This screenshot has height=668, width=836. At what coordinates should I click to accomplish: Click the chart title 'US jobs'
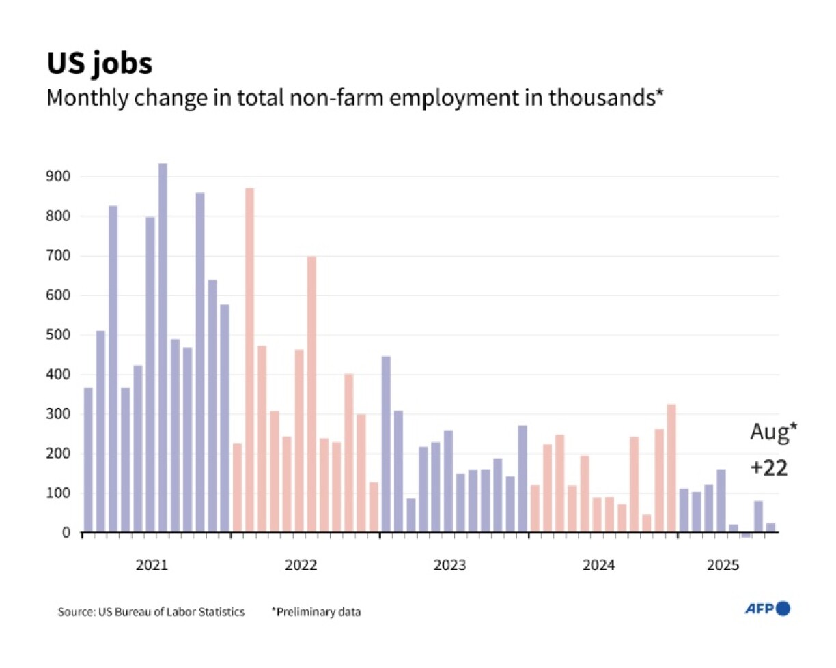[x=100, y=63]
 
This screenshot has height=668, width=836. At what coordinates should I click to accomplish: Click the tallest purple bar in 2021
[x=163, y=348]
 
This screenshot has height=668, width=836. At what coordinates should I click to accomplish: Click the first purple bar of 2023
[x=386, y=444]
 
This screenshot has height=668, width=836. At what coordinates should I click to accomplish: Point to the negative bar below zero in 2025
[x=746, y=536]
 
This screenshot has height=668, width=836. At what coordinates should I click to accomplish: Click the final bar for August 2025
[x=770, y=528]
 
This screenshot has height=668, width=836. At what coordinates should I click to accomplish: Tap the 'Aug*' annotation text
[x=773, y=433]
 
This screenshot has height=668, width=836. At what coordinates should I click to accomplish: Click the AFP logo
[x=767, y=609]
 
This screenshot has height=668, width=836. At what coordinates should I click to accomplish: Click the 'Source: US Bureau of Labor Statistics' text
[x=151, y=612]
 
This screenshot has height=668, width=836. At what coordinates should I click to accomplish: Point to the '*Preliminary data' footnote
[x=316, y=612]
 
